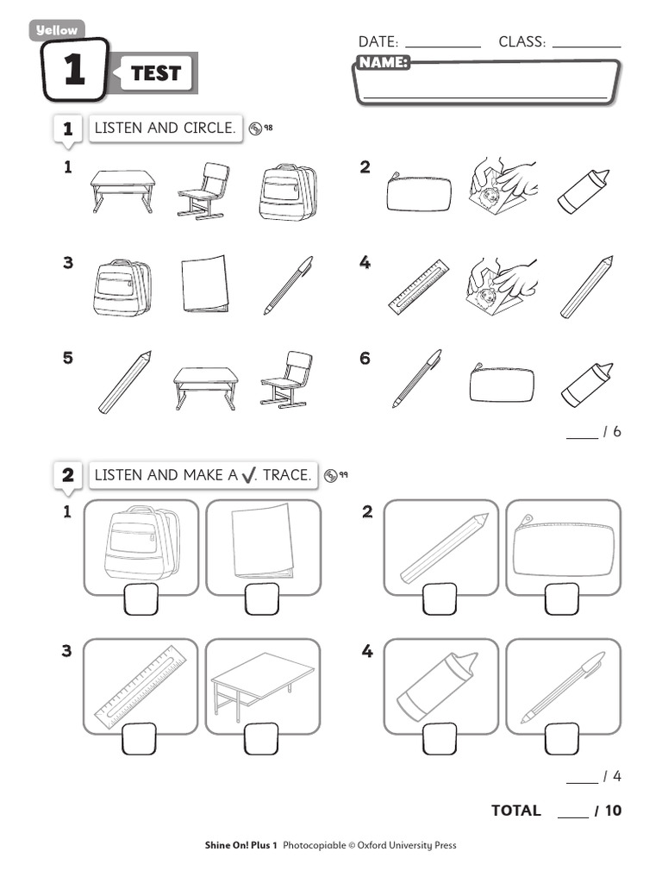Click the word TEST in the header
(x=155, y=73)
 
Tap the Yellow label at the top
(x=56, y=30)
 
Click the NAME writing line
(x=485, y=97)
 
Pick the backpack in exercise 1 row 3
(x=122, y=287)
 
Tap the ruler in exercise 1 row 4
(x=419, y=286)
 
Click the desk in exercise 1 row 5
(x=205, y=387)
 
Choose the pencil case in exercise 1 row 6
(x=502, y=383)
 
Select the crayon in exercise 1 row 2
(x=584, y=191)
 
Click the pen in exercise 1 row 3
(x=288, y=285)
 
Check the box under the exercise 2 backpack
(x=141, y=599)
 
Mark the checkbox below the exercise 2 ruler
(x=139, y=739)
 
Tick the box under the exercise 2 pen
(x=562, y=739)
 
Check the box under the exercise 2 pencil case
(x=562, y=599)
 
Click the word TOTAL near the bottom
(x=516, y=811)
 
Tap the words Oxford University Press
(x=407, y=845)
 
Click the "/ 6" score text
(x=612, y=431)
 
